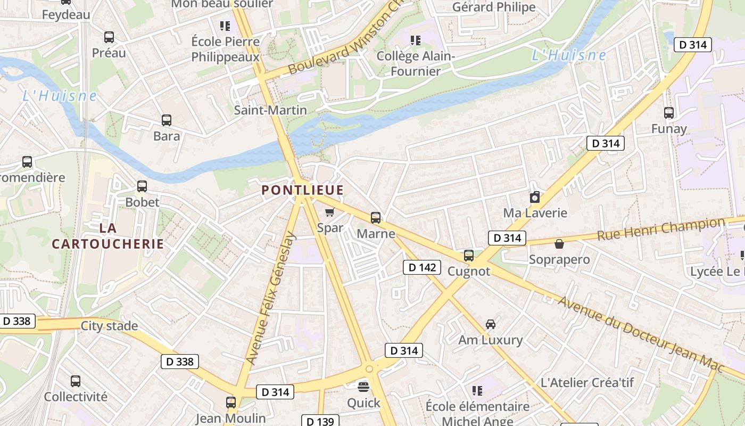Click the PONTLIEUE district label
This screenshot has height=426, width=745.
[302, 190]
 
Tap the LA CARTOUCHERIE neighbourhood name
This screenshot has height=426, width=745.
[107, 236]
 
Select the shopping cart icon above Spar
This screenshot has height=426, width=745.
[329, 212]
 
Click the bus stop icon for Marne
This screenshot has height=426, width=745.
[376, 217]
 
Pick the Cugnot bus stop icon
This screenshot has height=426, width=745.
[469, 255]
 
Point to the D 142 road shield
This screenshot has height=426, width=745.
[422, 267]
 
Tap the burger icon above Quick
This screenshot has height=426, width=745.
[363, 386]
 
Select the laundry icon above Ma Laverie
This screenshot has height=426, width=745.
[535, 198]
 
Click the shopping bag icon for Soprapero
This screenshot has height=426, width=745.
[559, 244]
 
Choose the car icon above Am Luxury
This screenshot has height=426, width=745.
[491, 324]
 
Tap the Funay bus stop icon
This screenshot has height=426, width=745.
[669, 113]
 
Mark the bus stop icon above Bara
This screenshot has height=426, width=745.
[167, 120]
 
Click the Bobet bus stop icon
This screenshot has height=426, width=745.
[142, 186]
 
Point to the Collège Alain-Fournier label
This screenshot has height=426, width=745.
[416, 63]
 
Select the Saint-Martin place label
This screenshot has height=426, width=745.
[270, 110]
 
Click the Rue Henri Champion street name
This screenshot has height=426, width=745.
[660, 229]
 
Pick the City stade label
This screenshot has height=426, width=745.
[109, 326]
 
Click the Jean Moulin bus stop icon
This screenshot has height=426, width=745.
[231, 402]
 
